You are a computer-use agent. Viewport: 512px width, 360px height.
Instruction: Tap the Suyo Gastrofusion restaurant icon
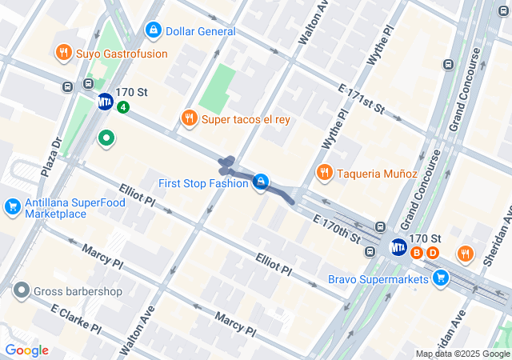(x=64, y=54)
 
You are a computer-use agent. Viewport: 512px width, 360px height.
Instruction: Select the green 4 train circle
(x=122, y=106)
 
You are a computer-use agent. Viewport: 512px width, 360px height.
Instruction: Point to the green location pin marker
(x=106, y=139)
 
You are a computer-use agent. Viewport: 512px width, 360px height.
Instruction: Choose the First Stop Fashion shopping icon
(x=260, y=183)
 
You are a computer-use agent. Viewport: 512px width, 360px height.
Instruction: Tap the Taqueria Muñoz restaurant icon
(x=324, y=173)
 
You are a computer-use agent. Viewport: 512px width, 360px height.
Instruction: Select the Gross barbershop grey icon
(x=21, y=291)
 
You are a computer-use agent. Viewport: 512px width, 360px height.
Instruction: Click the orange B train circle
(x=416, y=253)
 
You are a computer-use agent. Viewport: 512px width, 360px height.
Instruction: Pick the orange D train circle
(x=433, y=253)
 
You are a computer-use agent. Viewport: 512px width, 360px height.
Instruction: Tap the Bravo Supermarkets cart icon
(x=439, y=278)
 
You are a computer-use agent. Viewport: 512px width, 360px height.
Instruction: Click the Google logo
(x=26, y=350)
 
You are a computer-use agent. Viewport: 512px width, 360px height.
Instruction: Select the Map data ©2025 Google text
(x=462, y=354)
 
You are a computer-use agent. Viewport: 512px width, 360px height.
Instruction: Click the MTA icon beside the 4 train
(x=105, y=102)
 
